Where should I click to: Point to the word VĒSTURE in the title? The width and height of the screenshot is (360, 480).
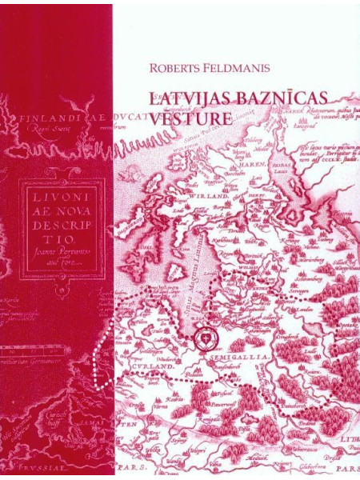[x=190, y=117]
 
